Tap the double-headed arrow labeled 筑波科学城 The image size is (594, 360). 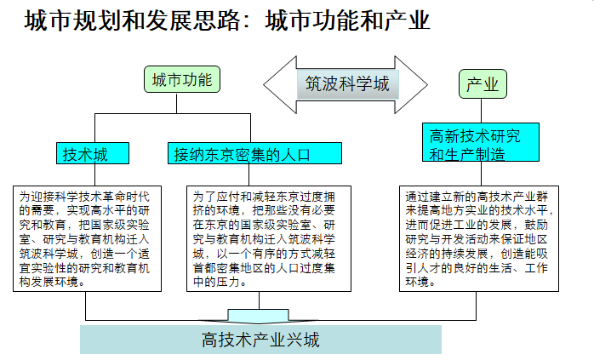click(346, 84)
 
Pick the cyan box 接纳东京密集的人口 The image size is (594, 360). click(254, 154)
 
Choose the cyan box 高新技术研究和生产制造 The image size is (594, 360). click(481, 145)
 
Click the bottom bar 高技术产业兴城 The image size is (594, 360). click(260, 340)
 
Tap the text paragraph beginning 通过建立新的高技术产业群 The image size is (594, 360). click(481, 239)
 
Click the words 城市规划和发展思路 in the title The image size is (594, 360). click(127, 20)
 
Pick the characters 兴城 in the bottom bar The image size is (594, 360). click(303, 340)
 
